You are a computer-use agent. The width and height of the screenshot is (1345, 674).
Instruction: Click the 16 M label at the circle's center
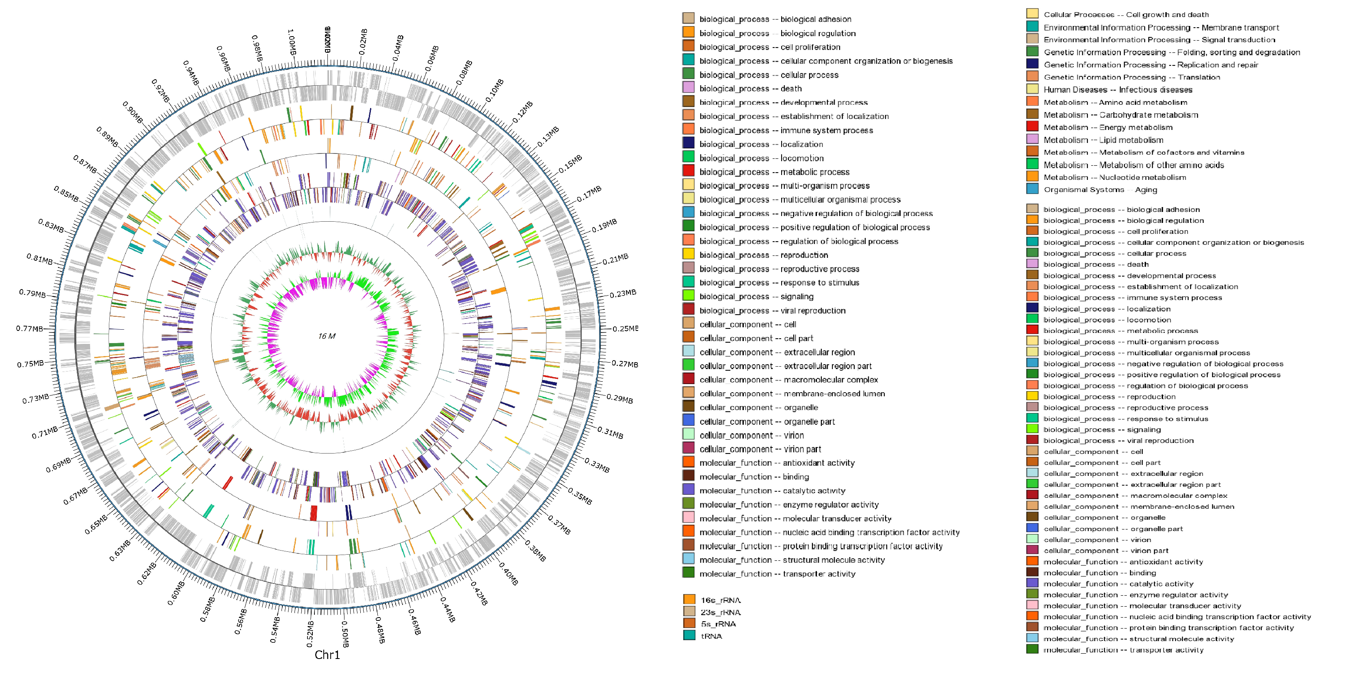coord(327,336)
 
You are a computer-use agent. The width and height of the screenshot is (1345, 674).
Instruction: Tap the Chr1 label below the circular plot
coord(327,655)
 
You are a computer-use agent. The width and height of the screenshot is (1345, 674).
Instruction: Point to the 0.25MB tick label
coord(625,328)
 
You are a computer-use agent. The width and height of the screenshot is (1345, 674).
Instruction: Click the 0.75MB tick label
coord(30,364)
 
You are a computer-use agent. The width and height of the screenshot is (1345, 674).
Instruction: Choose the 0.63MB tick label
coord(120,551)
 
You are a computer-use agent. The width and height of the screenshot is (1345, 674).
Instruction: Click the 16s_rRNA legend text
coord(721,601)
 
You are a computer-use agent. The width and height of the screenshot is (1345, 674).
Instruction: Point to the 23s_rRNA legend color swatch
coord(689,611)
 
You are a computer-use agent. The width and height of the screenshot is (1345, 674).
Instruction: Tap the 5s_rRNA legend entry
coord(718,624)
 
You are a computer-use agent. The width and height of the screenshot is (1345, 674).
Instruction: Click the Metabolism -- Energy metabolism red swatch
coord(1032,127)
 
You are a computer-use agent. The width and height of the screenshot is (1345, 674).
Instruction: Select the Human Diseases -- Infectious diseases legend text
coord(1118,90)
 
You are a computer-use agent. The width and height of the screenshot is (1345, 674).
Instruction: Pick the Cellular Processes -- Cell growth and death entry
coord(1126,15)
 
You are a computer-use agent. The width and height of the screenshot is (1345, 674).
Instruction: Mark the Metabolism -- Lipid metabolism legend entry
coord(1103,140)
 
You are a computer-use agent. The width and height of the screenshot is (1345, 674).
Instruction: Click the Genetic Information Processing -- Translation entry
coord(1131,77)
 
